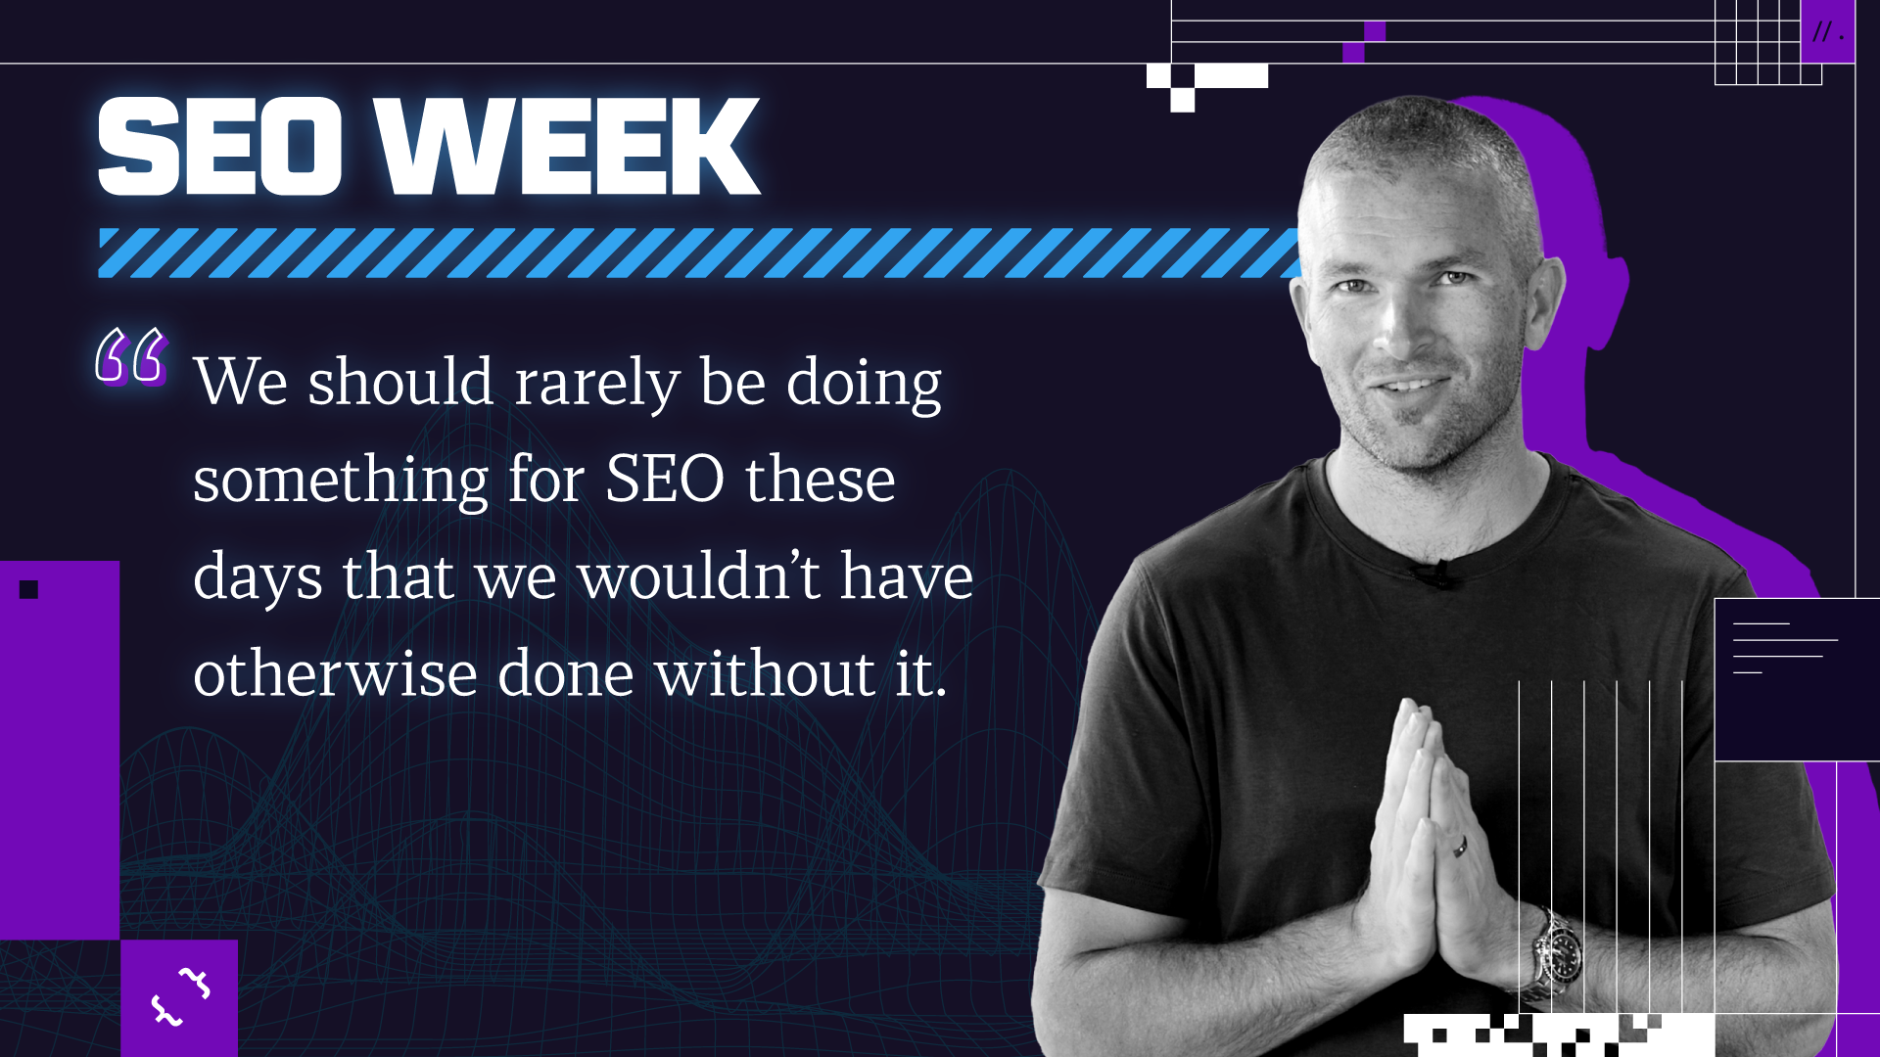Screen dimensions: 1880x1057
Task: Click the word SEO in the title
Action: (x=220, y=147)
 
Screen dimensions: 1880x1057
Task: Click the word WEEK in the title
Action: (x=569, y=147)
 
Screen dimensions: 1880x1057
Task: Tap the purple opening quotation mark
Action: (x=131, y=355)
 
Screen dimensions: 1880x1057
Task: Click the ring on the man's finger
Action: (x=1460, y=846)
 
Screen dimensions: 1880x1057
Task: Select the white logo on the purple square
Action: (x=180, y=996)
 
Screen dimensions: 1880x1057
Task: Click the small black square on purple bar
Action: (x=28, y=589)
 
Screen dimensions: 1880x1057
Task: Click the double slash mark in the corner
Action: (x=1822, y=32)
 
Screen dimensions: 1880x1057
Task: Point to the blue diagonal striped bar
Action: (x=700, y=253)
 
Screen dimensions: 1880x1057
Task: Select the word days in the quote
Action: (x=258, y=577)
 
